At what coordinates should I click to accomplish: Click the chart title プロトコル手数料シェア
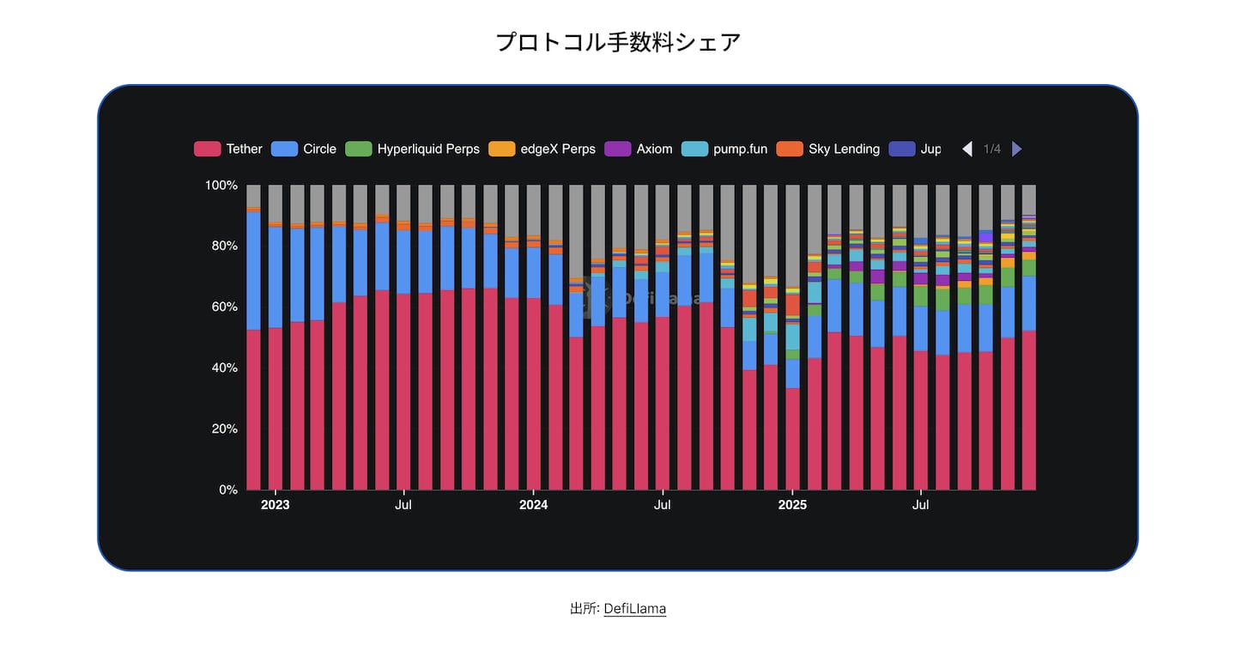point(618,42)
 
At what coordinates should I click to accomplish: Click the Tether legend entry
point(228,149)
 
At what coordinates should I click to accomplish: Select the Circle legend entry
point(304,149)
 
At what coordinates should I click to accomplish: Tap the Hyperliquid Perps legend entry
point(412,149)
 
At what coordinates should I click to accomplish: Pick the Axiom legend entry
point(640,149)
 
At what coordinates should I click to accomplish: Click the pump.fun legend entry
point(724,149)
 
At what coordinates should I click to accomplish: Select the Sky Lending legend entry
point(828,149)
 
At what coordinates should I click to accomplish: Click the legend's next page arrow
point(1017,149)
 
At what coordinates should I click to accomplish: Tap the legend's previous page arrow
point(967,149)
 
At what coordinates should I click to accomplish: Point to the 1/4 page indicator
point(992,149)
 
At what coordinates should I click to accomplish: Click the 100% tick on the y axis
point(221,186)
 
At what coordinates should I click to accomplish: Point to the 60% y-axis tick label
point(223,307)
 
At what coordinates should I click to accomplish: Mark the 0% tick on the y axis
point(227,490)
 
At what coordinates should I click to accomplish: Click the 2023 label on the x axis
point(275,505)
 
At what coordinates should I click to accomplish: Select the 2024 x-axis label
point(533,505)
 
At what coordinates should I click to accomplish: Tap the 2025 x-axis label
point(792,505)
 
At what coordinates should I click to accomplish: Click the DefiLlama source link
point(634,608)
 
